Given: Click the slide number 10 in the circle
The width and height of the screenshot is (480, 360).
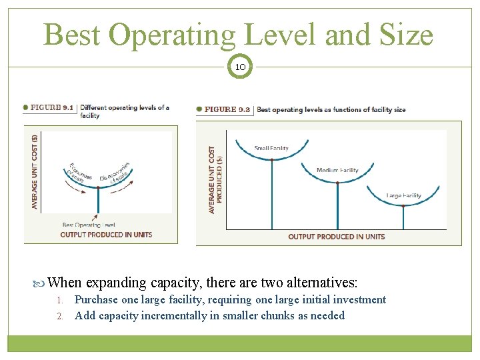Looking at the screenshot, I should tap(240, 67).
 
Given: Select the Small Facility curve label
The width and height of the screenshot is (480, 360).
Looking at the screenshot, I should tap(271, 148).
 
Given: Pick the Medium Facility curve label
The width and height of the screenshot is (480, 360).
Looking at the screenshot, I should tap(337, 170).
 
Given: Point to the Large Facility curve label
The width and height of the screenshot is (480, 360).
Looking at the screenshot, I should tap(403, 195).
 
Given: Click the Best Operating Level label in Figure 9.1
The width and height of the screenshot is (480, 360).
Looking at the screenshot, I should tap(88, 225).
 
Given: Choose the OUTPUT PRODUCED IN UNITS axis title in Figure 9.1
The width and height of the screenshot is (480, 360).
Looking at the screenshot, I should tap(106, 234).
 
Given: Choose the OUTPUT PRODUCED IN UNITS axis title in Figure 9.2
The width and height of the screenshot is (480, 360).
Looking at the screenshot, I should tap(336, 237).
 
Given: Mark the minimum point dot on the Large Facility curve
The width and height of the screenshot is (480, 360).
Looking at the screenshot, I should tap(403, 206).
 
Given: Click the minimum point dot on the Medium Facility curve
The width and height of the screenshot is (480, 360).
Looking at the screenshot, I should tap(337, 183).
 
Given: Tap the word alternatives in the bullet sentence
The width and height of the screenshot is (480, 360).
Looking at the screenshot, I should tap(313, 282).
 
